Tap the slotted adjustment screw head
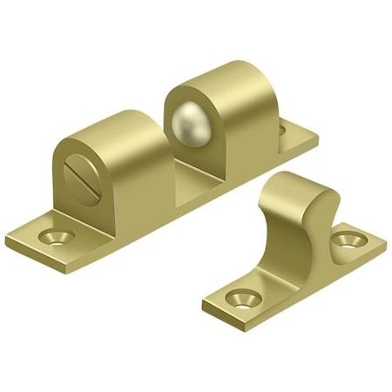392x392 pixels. pos(77,166)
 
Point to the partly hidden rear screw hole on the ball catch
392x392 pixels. pos(282,130)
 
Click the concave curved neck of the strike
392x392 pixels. pos(318,218)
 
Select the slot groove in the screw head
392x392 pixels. pos(77,166)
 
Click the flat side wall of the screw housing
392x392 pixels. pos(131,183)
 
